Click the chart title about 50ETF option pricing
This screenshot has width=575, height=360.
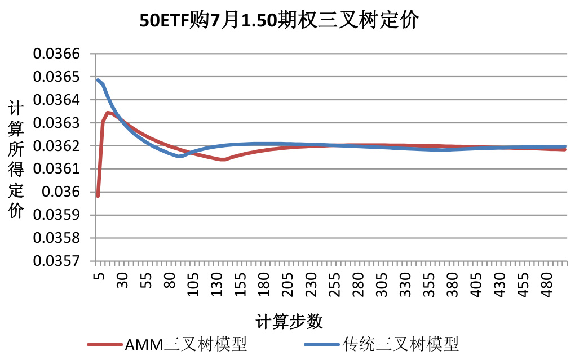click(x=279, y=21)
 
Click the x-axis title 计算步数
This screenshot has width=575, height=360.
click(x=289, y=322)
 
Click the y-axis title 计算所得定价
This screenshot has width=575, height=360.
click(x=16, y=158)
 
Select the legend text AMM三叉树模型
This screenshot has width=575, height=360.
click(x=185, y=344)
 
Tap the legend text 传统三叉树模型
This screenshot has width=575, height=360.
click(x=401, y=344)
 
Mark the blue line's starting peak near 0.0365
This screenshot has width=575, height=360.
click(x=98, y=80)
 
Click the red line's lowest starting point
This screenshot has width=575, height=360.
click(x=98, y=196)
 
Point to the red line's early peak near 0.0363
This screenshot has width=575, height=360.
click(x=108, y=113)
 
